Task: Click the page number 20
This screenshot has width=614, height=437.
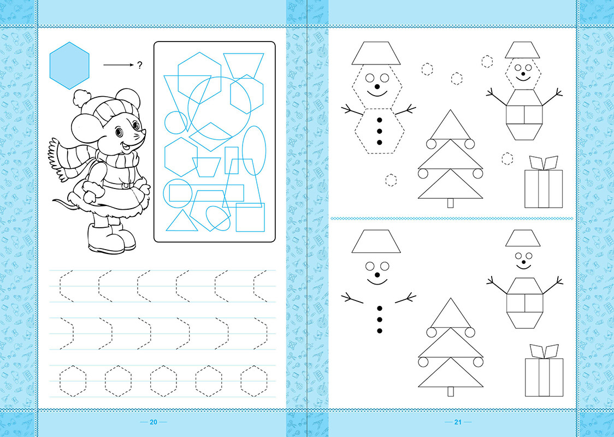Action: (x=153, y=422)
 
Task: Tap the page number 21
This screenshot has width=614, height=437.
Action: (x=458, y=422)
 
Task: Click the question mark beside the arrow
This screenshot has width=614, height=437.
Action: (x=140, y=66)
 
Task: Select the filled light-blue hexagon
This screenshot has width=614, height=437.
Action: (x=69, y=66)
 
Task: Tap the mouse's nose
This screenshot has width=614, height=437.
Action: (x=144, y=132)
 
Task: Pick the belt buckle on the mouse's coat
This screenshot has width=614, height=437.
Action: (x=126, y=184)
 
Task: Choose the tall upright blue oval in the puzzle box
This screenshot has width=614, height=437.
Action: (x=254, y=150)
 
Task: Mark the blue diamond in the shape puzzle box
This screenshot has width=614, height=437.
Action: (x=211, y=137)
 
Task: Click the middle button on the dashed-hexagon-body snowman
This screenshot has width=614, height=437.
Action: (x=379, y=131)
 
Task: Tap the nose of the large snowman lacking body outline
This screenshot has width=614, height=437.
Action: (x=377, y=275)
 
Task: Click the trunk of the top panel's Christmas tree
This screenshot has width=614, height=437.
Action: (x=450, y=203)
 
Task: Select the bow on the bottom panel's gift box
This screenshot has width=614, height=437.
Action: (x=544, y=352)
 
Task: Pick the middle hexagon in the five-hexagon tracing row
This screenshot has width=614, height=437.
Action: (x=163, y=381)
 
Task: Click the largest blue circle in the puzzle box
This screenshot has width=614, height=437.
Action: (x=219, y=108)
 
